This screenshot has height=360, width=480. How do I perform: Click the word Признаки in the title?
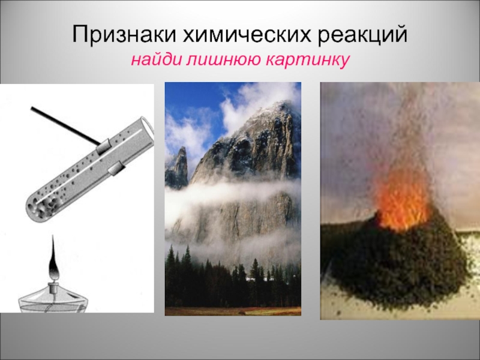(125, 34)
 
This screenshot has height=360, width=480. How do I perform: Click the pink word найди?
(155, 59)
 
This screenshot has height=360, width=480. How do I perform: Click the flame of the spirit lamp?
(54, 257)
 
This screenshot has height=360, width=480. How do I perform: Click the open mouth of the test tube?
(147, 132)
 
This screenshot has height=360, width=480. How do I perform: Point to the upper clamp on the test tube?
(103, 146)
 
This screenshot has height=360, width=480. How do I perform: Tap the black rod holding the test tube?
(65, 125)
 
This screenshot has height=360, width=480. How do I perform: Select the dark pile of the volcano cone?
(395, 263)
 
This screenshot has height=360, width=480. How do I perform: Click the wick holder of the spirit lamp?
(54, 286)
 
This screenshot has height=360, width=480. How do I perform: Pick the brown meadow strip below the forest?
(233, 311)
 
